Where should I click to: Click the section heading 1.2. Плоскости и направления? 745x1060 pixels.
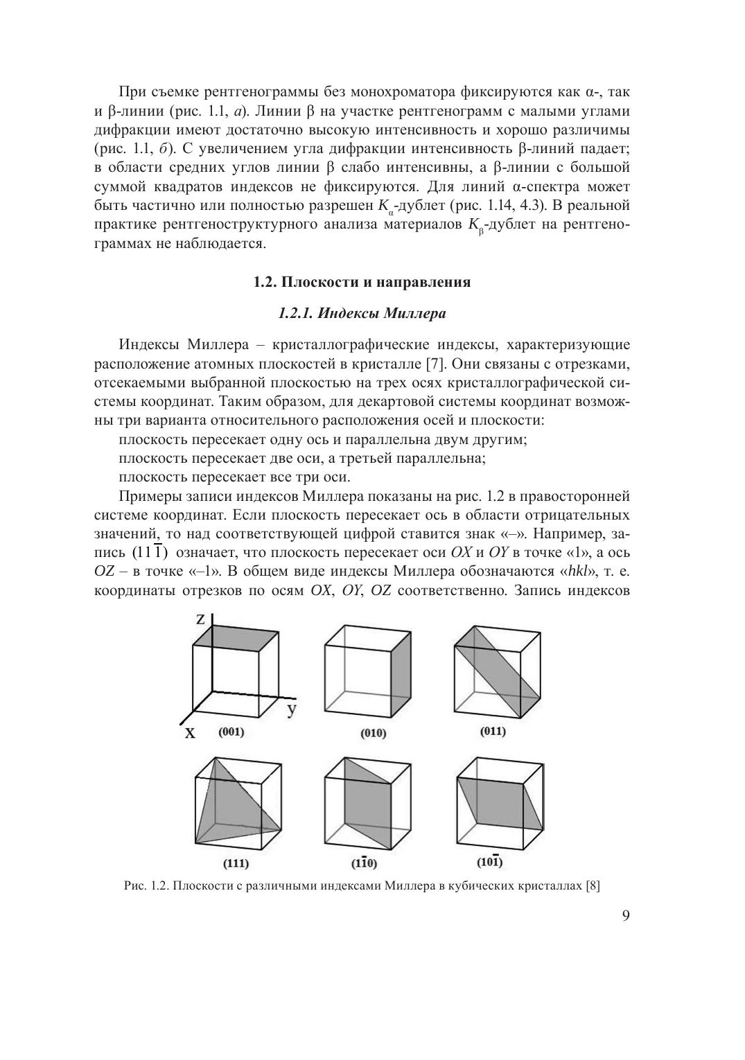(362, 282)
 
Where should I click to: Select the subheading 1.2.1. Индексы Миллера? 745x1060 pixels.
(362, 313)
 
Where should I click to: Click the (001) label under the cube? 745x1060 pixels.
(231, 732)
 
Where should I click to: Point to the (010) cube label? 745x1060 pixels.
(374, 733)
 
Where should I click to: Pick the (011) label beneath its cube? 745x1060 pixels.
(493, 732)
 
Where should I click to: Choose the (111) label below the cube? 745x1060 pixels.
(236, 863)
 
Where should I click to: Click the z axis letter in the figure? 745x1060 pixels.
(200, 619)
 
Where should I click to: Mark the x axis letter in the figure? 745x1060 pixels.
(189, 732)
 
